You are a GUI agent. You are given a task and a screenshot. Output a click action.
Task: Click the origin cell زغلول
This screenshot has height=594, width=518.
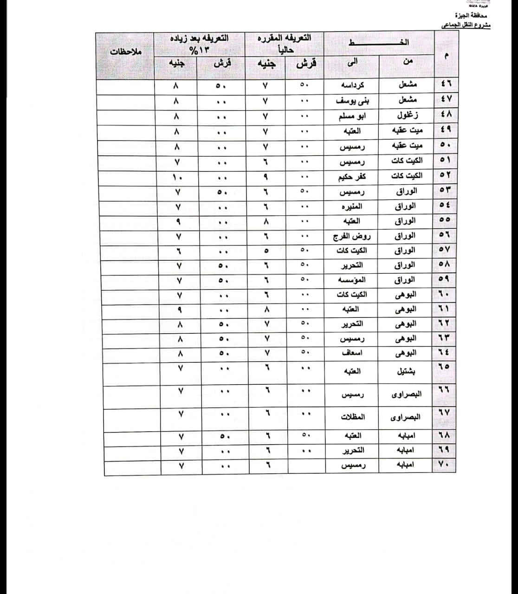(x=407, y=115)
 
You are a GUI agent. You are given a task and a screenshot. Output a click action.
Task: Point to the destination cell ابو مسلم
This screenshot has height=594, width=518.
(x=353, y=116)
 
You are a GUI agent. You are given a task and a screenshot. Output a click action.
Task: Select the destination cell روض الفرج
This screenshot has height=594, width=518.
(x=351, y=236)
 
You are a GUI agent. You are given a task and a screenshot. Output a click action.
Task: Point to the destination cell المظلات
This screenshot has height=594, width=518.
(x=353, y=417)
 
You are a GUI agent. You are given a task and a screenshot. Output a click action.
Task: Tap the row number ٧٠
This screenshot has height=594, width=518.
(x=445, y=464)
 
